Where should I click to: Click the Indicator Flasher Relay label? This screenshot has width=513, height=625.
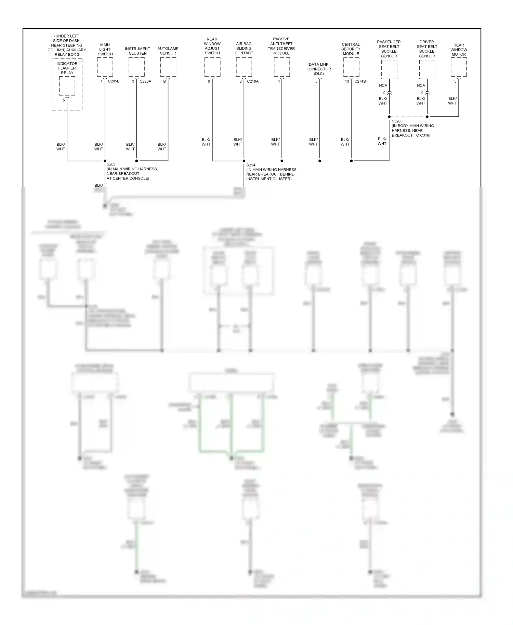(67, 68)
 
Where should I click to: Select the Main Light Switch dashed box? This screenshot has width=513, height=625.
(105, 67)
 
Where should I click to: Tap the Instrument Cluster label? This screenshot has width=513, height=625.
(137, 51)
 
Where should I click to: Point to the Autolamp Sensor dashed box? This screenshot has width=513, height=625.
(168, 67)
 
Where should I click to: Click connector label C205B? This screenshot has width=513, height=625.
(114, 81)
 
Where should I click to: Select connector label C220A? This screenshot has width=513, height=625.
(145, 81)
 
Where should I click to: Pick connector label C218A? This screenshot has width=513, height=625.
(252, 81)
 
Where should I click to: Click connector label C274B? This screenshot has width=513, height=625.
(360, 81)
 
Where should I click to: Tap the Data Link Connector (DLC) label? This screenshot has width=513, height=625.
(319, 69)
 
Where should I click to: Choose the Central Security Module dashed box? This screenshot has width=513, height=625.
(351, 67)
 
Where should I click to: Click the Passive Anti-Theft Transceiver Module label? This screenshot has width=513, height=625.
(281, 46)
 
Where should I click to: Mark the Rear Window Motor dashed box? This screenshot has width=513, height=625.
(459, 67)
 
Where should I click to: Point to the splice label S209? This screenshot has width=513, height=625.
(111, 164)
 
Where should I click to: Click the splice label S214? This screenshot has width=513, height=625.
(251, 165)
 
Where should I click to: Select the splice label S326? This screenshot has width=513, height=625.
(396, 121)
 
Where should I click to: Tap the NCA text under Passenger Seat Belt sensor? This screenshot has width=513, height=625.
(383, 85)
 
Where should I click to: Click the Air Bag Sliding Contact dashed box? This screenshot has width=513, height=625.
(244, 67)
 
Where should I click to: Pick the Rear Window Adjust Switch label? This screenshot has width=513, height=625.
(212, 46)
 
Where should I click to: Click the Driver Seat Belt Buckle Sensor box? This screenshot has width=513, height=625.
(427, 69)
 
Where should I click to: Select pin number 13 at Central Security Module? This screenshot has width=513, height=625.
(347, 81)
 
